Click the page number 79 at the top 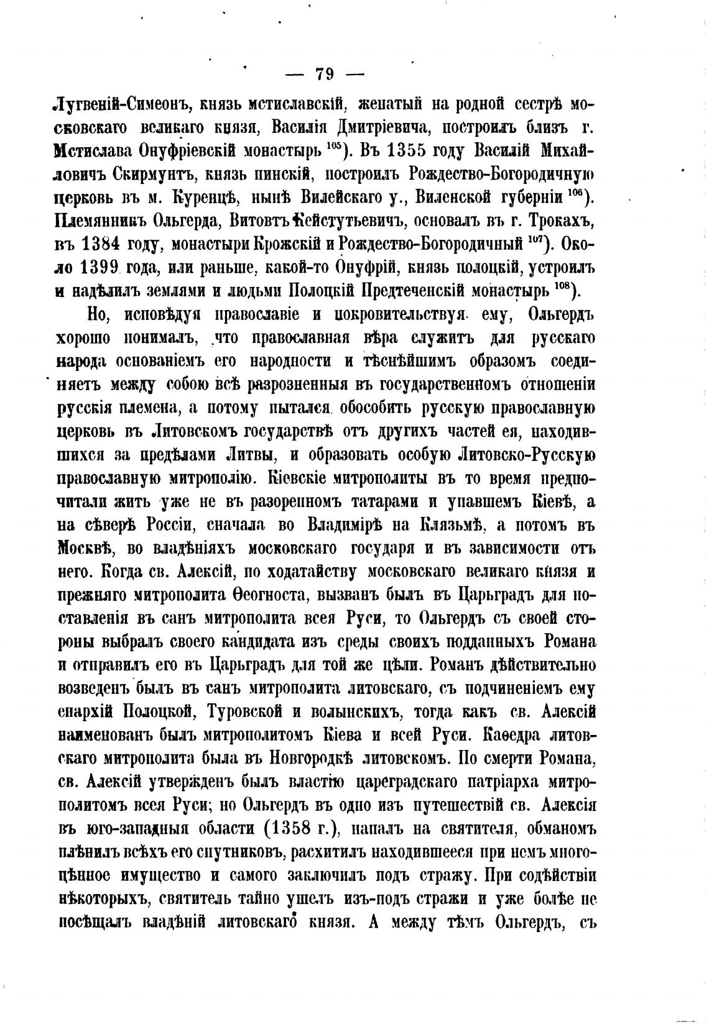click(x=325, y=75)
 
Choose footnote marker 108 click(x=562, y=287)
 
